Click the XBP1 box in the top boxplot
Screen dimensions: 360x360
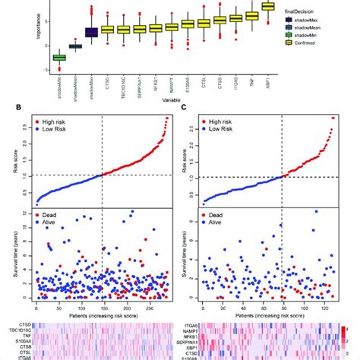[x=268, y=8]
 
